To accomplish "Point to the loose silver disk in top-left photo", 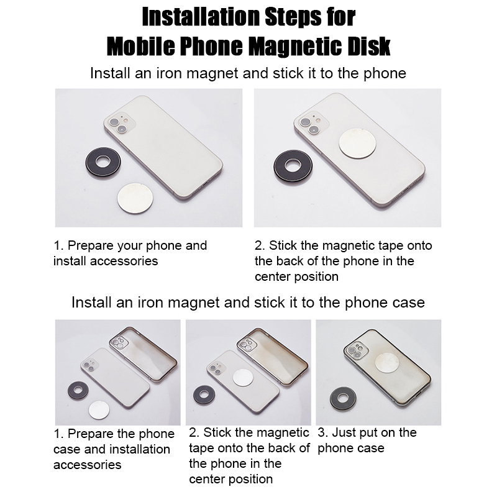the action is pyautogui.click(x=135, y=198).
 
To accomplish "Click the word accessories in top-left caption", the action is pyautogui.click(x=124, y=261).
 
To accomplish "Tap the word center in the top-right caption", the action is pyautogui.click(x=273, y=277).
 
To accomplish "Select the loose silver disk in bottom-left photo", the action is pyautogui.click(x=99, y=410).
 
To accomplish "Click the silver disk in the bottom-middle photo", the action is pyautogui.click(x=243, y=378).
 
